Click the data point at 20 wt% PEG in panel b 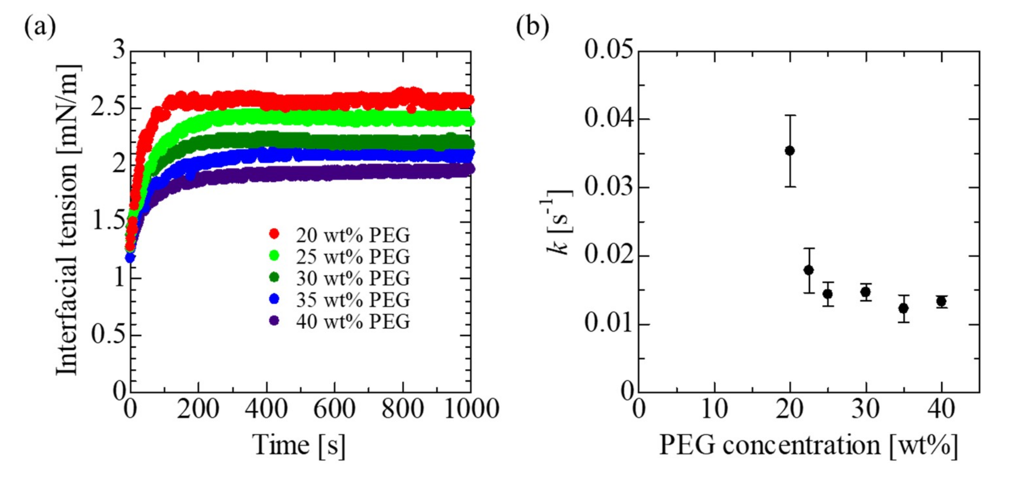(790, 151)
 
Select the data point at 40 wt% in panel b (941, 302)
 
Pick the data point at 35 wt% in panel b (903, 308)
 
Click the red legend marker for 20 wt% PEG (274, 234)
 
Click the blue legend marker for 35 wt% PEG (274, 299)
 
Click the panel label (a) (40, 27)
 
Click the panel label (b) (532, 27)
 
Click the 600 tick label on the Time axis (334, 409)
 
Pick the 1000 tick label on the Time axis (471, 409)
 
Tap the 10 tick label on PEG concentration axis (714, 409)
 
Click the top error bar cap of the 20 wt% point (790, 115)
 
